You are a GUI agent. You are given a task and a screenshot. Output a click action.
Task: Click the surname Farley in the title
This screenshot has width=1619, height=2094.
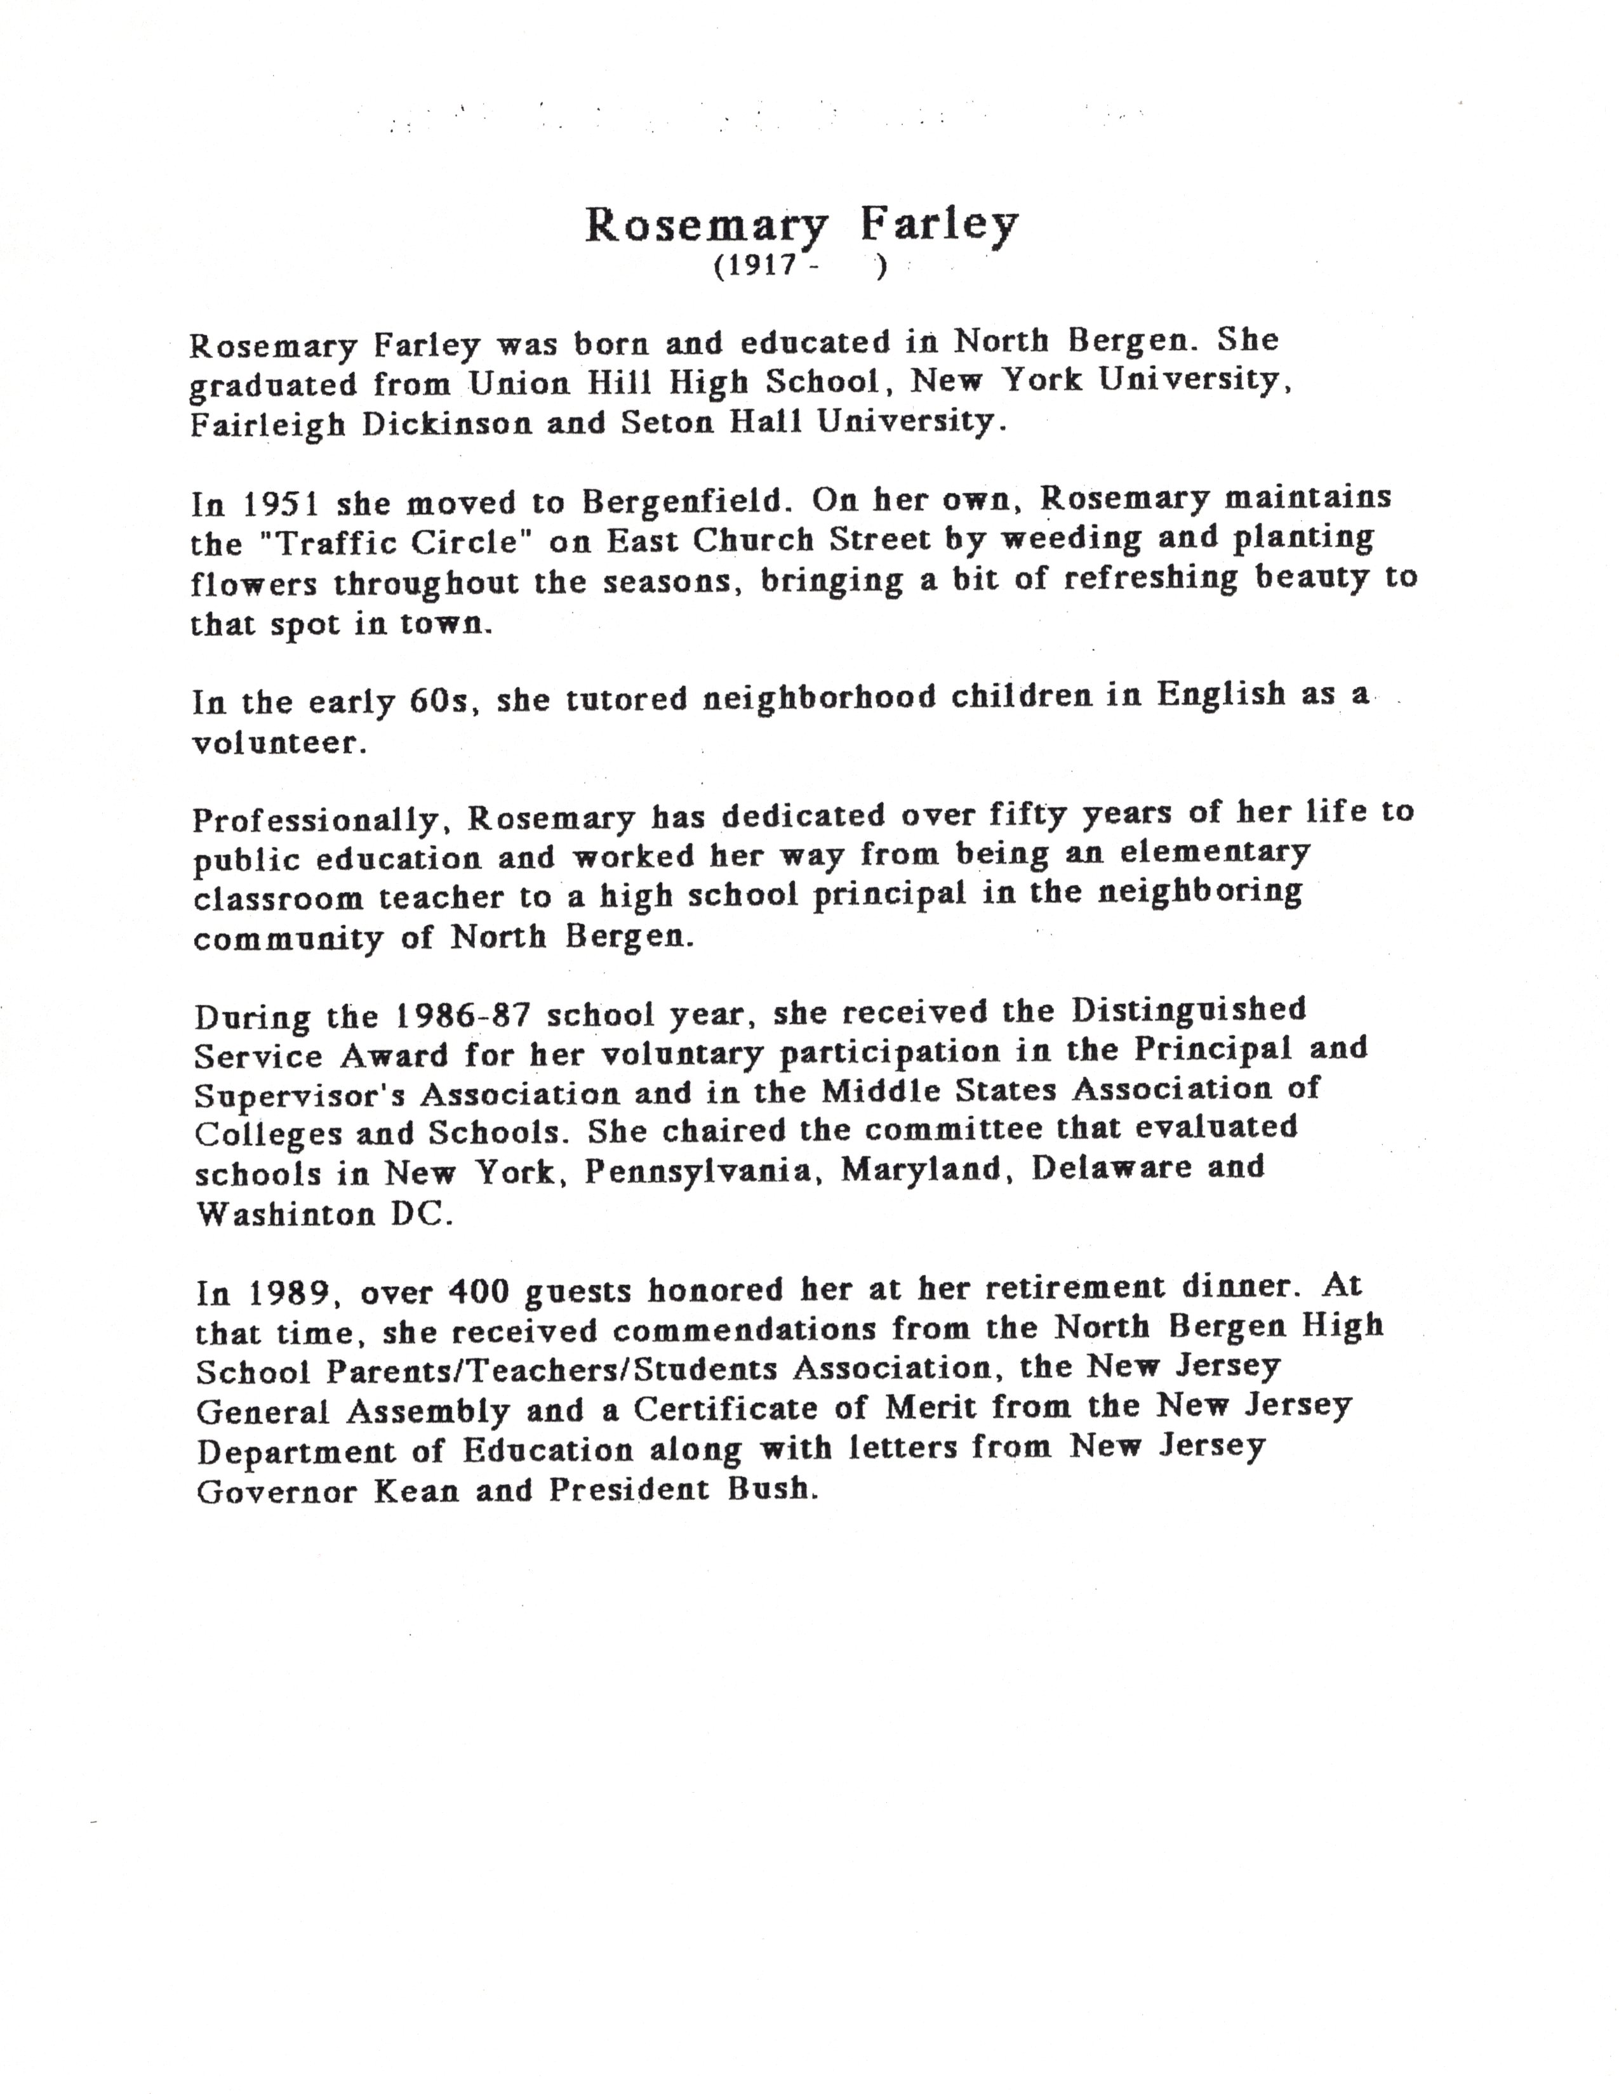pos(937,225)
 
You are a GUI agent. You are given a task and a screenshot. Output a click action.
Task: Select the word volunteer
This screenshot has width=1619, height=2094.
pos(279,743)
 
